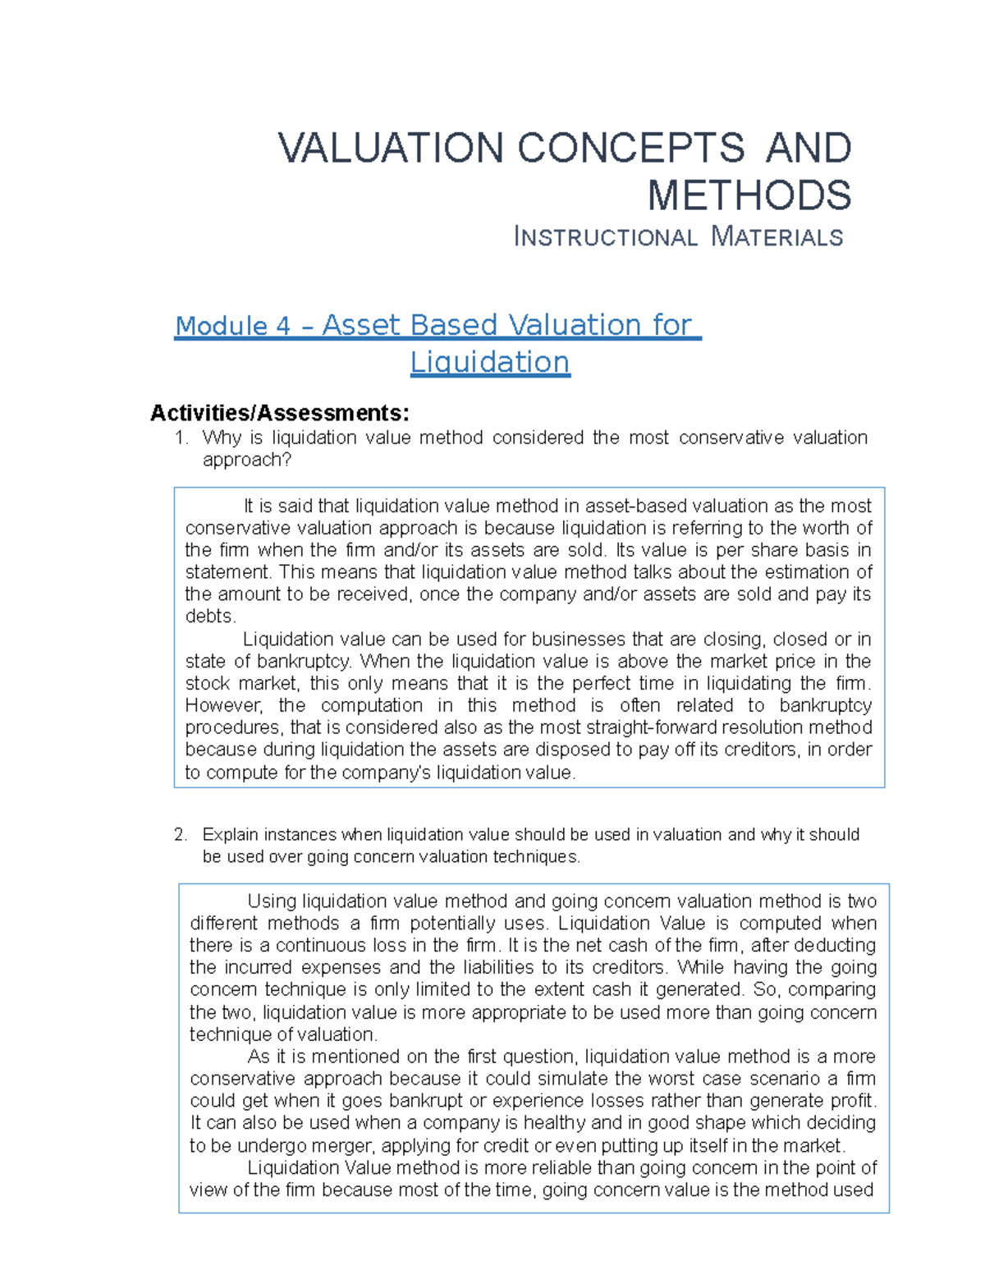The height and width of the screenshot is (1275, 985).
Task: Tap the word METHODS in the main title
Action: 749,195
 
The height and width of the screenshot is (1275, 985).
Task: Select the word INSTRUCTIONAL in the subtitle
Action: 605,237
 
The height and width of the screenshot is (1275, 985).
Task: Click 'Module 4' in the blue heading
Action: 232,326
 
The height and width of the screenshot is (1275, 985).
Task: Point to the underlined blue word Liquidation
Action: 489,362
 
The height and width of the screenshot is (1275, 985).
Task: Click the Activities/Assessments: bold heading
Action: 279,412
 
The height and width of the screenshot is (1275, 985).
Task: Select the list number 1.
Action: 181,438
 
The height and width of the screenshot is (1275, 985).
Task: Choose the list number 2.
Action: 181,835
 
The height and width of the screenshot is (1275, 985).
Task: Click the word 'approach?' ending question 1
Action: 246,460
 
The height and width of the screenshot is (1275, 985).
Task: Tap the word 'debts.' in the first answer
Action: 210,617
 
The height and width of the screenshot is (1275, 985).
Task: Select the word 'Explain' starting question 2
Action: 231,835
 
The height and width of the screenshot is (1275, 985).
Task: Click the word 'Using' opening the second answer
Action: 272,901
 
